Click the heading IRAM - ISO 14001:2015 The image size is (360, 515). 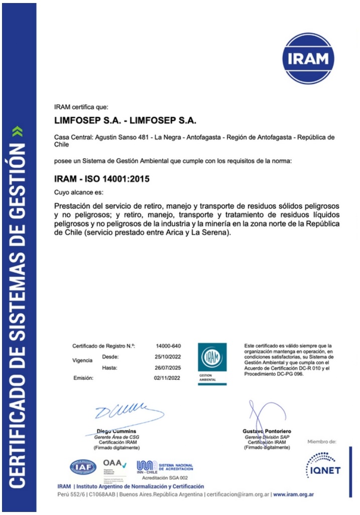tap(102, 178)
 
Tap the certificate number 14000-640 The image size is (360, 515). tap(168, 346)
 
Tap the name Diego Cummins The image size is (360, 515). tap(116, 431)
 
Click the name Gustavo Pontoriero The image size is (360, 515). tap(267, 431)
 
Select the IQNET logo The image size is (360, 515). tap(322, 465)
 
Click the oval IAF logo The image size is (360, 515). tap(83, 467)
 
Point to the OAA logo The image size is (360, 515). tap(114, 464)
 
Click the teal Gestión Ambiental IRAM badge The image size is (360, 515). tap(212, 363)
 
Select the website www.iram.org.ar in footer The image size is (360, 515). tap(294, 494)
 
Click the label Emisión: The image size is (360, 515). tap(83, 378)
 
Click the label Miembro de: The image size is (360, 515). tap(321, 442)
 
